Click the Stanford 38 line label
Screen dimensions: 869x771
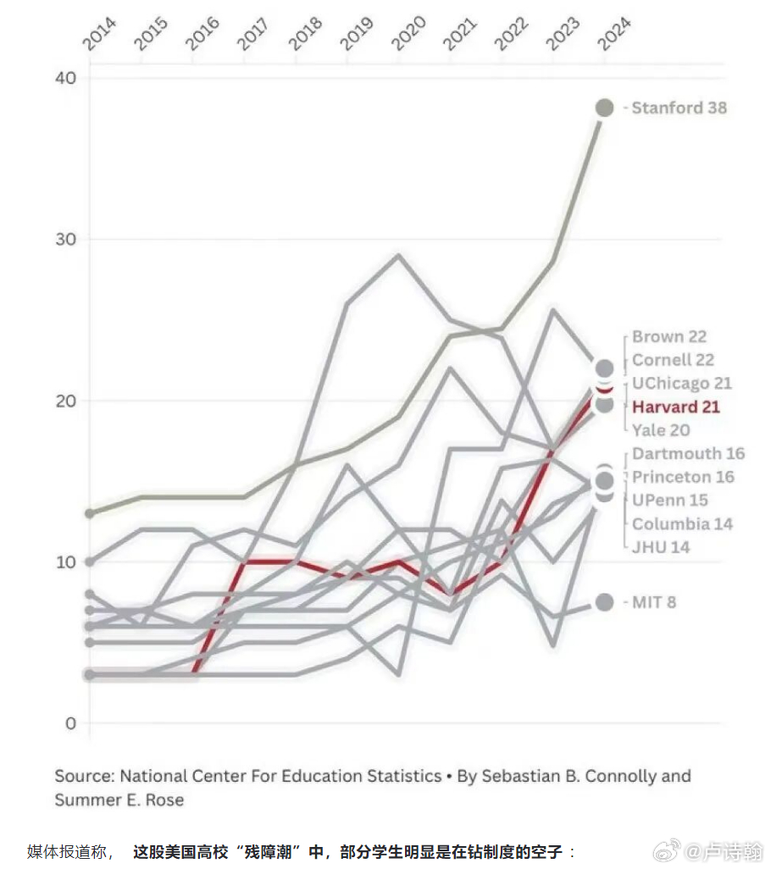pos(679,108)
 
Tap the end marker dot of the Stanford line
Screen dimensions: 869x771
pos(604,108)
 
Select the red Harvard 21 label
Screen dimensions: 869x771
pos(676,407)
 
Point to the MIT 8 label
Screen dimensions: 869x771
pos(654,602)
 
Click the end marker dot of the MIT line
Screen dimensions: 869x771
pos(604,602)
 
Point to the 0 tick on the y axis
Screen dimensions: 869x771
pos(70,723)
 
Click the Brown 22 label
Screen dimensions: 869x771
pos(668,336)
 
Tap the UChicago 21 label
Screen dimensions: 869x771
pos(681,383)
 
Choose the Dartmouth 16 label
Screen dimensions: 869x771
pos(688,453)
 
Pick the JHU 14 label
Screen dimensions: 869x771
pos(661,547)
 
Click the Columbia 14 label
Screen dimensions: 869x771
pos(682,523)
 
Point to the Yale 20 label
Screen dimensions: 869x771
pos(661,430)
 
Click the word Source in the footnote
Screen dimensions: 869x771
pos(84,776)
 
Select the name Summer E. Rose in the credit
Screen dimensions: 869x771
pos(119,800)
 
